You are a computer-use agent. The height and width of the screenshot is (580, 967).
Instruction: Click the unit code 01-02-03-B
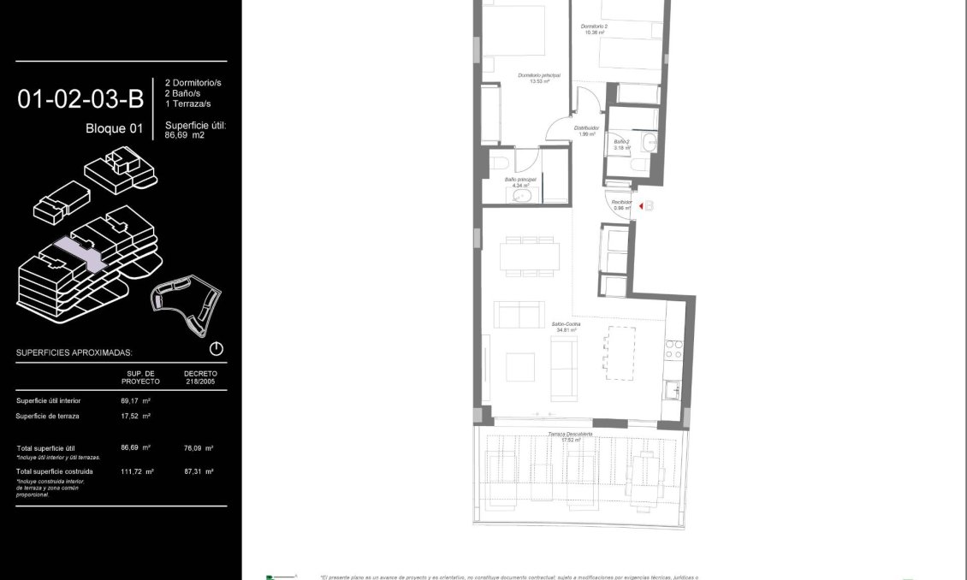pyautogui.click(x=80, y=100)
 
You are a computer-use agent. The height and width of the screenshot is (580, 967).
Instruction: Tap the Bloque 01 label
pyautogui.click(x=114, y=129)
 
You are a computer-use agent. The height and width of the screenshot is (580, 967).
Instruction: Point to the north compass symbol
pyautogui.click(x=216, y=349)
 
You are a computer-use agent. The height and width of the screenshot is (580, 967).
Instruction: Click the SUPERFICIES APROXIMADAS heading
pyautogui.click(x=74, y=352)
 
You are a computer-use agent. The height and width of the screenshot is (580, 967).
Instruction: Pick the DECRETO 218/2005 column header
pyautogui.click(x=200, y=377)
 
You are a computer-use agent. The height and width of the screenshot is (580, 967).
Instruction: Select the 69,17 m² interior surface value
pyautogui.click(x=135, y=400)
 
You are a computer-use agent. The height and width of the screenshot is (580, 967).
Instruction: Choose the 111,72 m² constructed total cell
pyautogui.click(x=137, y=471)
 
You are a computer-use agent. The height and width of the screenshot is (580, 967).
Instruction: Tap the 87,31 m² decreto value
pyautogui.click(x=199, y=471)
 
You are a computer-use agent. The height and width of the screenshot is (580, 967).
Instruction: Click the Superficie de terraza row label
pyautogui.click(x=47, y=416)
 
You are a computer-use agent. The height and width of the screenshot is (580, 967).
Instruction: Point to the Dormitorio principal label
pyautogui.click(x=538, y=78)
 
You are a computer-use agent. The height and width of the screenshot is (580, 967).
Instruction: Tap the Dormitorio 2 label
pyautogui.click(x=594, y=29)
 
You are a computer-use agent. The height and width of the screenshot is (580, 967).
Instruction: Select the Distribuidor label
pyautogui.click(x=586, y=130)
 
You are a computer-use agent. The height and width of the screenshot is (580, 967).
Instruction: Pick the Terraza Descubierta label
pyautogui.click(x=570, y=435)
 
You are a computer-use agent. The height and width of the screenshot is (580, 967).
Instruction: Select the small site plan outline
pyautogui.click(x=186, y=303)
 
